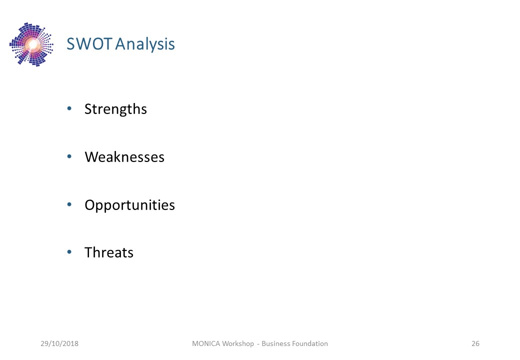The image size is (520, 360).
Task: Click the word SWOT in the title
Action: point(89,44)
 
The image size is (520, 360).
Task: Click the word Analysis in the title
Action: point(145,45)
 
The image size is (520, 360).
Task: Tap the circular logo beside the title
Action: point(31,44)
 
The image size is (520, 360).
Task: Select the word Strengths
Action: point(115,109)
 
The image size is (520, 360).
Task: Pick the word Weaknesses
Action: point(124,157)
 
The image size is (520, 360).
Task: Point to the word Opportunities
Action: point(129,205)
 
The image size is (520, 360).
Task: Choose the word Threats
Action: point(109,252)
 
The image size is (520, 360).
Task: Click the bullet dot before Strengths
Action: point(69,108)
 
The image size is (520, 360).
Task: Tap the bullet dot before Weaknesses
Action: point(69,156)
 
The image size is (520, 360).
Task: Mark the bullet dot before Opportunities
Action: point(69,204)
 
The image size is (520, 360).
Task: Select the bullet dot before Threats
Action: point(69,252)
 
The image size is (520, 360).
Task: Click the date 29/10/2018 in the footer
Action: point(59,343)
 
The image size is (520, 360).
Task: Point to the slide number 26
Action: point(475,343)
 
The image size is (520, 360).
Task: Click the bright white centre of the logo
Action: point(32,44)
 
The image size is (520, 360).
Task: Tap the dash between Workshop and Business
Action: point(257,344)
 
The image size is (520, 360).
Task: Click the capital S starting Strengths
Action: point(88,109)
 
